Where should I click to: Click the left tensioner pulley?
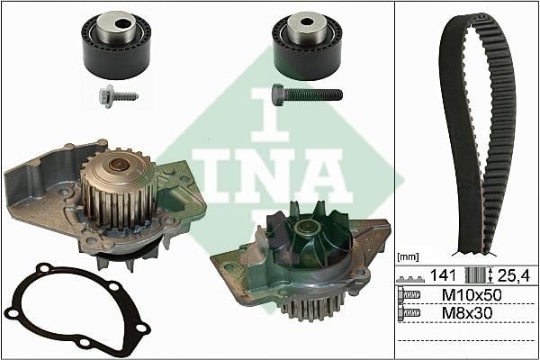tap(116, 45)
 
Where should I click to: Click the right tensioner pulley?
tap(307, 46)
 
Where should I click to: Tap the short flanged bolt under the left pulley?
tap(119, 96)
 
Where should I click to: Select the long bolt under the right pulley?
tap(307, 94)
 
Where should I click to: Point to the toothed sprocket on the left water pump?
tap(119, 189)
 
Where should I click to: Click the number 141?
tap(443, 275)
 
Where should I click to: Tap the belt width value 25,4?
tap(514, 275)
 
